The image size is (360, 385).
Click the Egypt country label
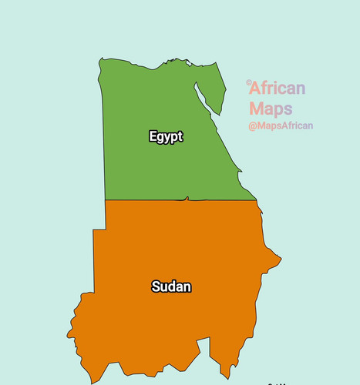pyautogui.click(x=166, y=137)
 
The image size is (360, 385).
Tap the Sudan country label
pyautogui.click(x=171, y=287)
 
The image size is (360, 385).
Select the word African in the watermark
pyautogui.click(x=278, y=89)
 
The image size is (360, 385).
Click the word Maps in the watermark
pyautogui.click(x=271, y=109)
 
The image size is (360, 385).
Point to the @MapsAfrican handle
pyautogui.click(x=281, y=126)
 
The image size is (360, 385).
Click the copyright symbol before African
pyautogui.click(x=248, y=82)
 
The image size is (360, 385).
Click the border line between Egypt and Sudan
pyautogui.click(x=154, y=200)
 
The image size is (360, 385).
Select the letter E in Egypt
pyautogui.click(x=153, y=136)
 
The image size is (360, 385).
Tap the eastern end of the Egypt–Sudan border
pyautogui.click(x=256, y=200)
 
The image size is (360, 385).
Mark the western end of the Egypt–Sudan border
pyautogui.click(x=106, y=200)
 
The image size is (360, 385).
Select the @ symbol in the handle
pyautogui.click(x=252, y=126)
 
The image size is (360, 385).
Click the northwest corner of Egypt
pyautogui.click(x=100, y=59)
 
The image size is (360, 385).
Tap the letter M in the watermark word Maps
pyautogui.click(x=256, y=109)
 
